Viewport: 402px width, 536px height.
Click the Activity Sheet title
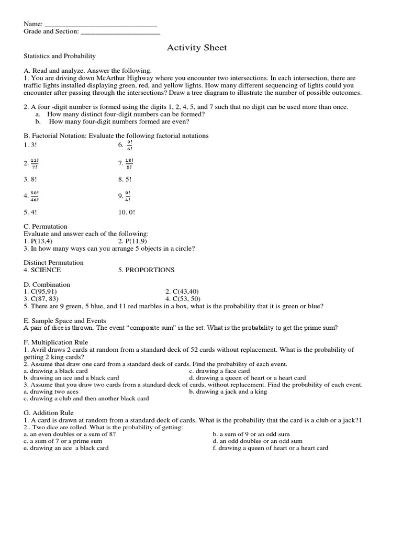pos(197,48)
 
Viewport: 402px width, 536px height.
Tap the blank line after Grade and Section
pos(120,32)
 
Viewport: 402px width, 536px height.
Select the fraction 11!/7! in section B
pos(35,163)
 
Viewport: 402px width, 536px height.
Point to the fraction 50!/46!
pos(35,196)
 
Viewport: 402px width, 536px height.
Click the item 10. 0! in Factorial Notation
pos(126,213)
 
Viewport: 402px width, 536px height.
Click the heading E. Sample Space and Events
pos(65,320)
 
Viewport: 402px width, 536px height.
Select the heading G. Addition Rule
pos(49,412)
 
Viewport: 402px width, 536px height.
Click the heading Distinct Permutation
pos(53,262)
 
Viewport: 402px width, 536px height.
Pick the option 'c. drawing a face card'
pos(222,371)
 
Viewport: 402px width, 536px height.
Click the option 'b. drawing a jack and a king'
pos(228,391)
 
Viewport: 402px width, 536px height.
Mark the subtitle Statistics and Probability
pos(60,56)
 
